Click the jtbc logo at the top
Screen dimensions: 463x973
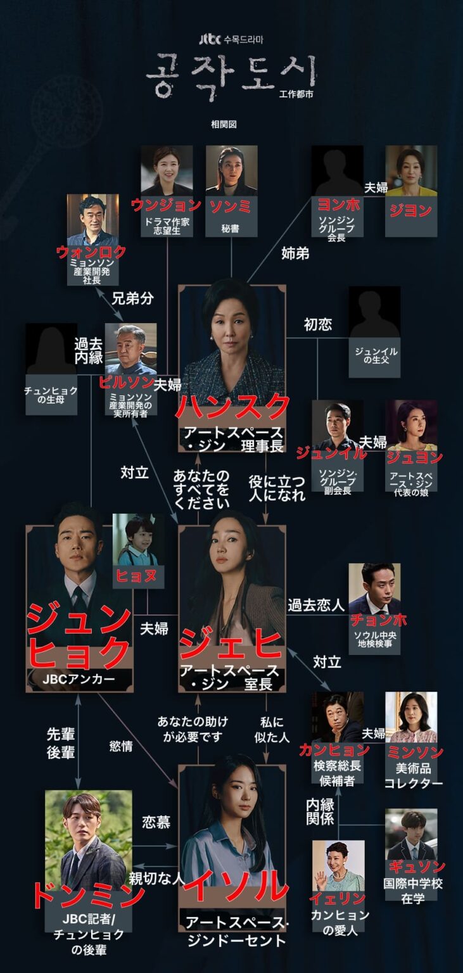click(210, 39)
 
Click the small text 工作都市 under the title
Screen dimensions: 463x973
click(296, 93)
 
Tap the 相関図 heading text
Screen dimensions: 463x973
click(224, 124)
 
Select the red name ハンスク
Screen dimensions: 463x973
click(232, 407)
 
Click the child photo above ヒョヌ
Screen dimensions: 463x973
click(138, 540)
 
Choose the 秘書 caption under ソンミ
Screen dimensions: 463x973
click(230, 229)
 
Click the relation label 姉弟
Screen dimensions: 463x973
click(295, 253)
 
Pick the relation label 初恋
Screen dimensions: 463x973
click(318, 324)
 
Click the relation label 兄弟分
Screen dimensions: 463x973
click(133, 298)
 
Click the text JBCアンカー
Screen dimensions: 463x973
click(79, 679)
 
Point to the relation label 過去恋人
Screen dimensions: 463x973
click(316, 605)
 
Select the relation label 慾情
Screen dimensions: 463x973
click(121, 746)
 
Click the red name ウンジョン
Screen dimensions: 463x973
click(167, 205)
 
